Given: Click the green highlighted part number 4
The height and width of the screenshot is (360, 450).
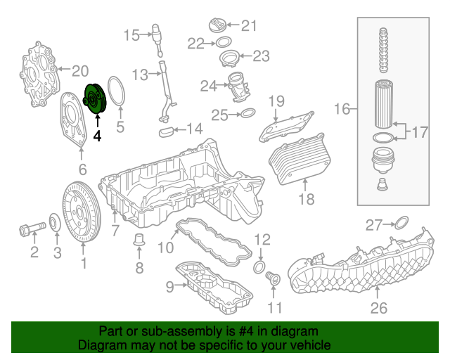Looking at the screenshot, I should (94, 99).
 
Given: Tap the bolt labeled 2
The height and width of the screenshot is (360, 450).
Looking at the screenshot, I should (27, 229).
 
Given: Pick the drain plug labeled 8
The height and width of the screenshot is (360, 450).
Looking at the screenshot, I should (139, 240).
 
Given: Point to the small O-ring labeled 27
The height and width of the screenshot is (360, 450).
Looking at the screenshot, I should (399, 224).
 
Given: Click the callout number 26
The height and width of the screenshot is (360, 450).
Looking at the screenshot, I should (379, 307).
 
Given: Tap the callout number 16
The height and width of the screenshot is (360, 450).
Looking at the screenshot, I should (342, 109).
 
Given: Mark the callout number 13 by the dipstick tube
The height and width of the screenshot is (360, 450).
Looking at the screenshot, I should (139, 74).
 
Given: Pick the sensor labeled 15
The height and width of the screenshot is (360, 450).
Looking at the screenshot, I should (157, 33).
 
